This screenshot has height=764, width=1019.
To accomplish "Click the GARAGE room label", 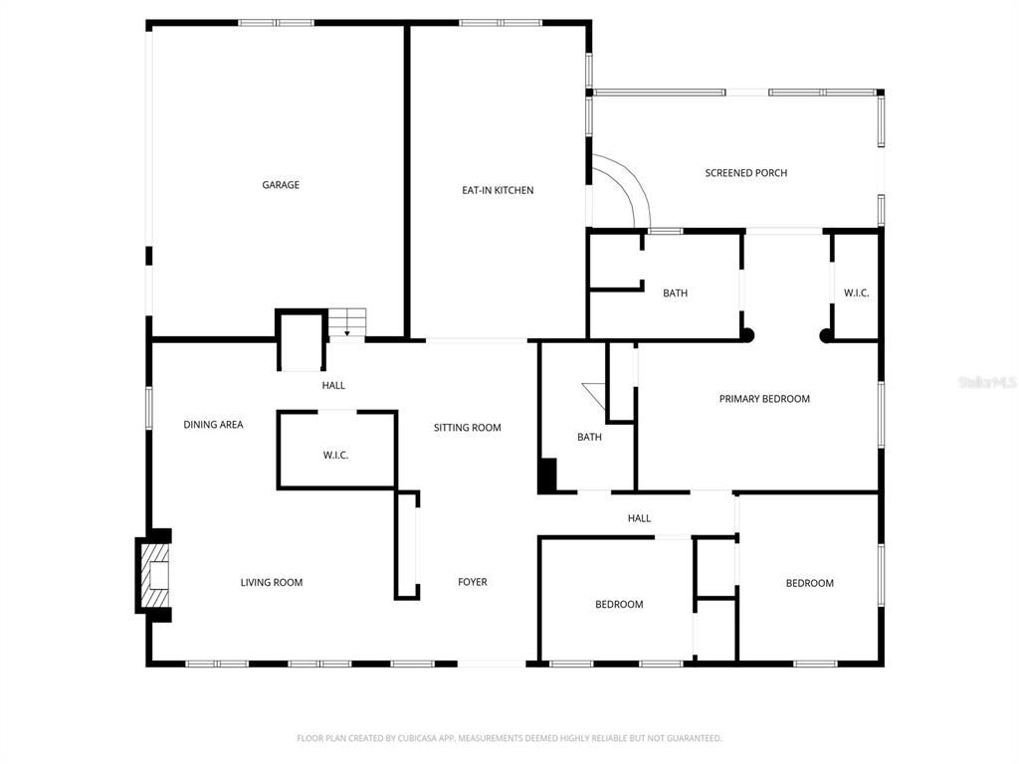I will [281, 185].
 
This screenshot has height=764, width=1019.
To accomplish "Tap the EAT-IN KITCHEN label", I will [498, 190].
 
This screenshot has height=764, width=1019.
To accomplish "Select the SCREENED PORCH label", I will [746, 173].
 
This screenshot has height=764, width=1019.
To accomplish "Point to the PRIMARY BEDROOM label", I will [764, 399].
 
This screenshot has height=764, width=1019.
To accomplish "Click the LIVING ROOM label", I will [272, 583].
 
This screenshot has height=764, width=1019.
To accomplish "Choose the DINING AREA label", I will [213, 425].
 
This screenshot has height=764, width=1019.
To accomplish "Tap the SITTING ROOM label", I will [467, 428].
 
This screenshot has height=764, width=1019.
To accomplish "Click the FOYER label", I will [473, 582].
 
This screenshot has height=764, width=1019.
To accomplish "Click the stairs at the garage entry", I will [348, 322].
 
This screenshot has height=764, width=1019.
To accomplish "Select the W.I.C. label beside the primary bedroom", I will [856, 293].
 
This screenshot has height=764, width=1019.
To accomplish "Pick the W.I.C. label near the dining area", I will [335, 456].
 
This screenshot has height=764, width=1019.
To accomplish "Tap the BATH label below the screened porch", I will [675, 293].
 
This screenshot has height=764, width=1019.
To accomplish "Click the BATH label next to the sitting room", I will [589, 437].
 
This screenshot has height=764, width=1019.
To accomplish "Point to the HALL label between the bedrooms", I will [639, 518].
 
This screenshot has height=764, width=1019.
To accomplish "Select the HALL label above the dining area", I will [333, 385].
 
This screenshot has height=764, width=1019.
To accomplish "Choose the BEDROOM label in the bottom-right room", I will [809, 583].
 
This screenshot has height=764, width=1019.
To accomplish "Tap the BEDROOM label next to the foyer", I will [619, 605].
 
